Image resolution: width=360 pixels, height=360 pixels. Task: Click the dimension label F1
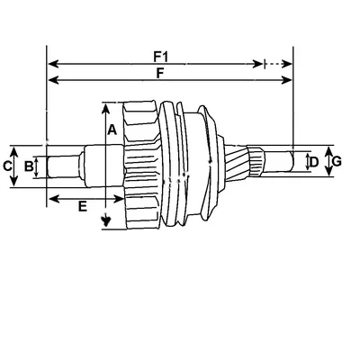[x=161, y=57]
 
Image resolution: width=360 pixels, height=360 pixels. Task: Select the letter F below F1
[x=160, y=73]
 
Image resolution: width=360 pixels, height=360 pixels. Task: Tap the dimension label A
[x=112, y=130]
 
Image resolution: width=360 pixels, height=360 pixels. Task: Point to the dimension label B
[x=29, y=166]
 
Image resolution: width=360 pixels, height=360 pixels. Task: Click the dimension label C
[x=7, y=166]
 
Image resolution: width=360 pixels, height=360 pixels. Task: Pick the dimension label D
[x=314, y=162]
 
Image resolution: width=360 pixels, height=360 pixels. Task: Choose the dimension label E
[x=83, y=206]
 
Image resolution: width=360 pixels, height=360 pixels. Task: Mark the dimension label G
[x=337, y=162]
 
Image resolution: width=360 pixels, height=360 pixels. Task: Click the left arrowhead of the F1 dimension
[x=53, y=64]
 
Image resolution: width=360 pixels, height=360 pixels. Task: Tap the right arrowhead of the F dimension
[x=287, y=80]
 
